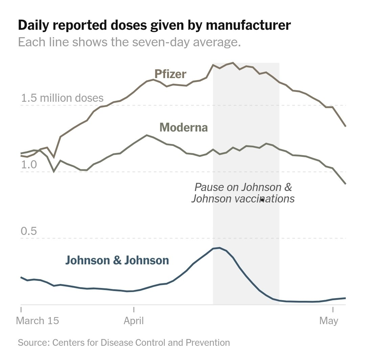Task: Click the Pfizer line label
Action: coord(170,74)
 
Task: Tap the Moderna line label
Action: coord(183,127)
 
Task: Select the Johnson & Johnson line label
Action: coord(117,260)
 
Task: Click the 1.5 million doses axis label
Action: coord(62,98)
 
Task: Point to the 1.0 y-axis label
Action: coord(29,165)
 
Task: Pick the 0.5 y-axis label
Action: coord(29,232)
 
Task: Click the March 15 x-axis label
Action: coord(37,320)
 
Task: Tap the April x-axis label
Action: coord(134,320)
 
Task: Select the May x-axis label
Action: coord(328,320)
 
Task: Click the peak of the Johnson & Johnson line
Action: coord(219,248)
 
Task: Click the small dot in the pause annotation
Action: coord(262,200)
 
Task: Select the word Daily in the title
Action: coord(35,25)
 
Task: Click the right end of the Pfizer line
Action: coord(345,126)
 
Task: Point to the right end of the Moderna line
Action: coord(345,184)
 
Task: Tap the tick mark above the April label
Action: coord(134,309)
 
